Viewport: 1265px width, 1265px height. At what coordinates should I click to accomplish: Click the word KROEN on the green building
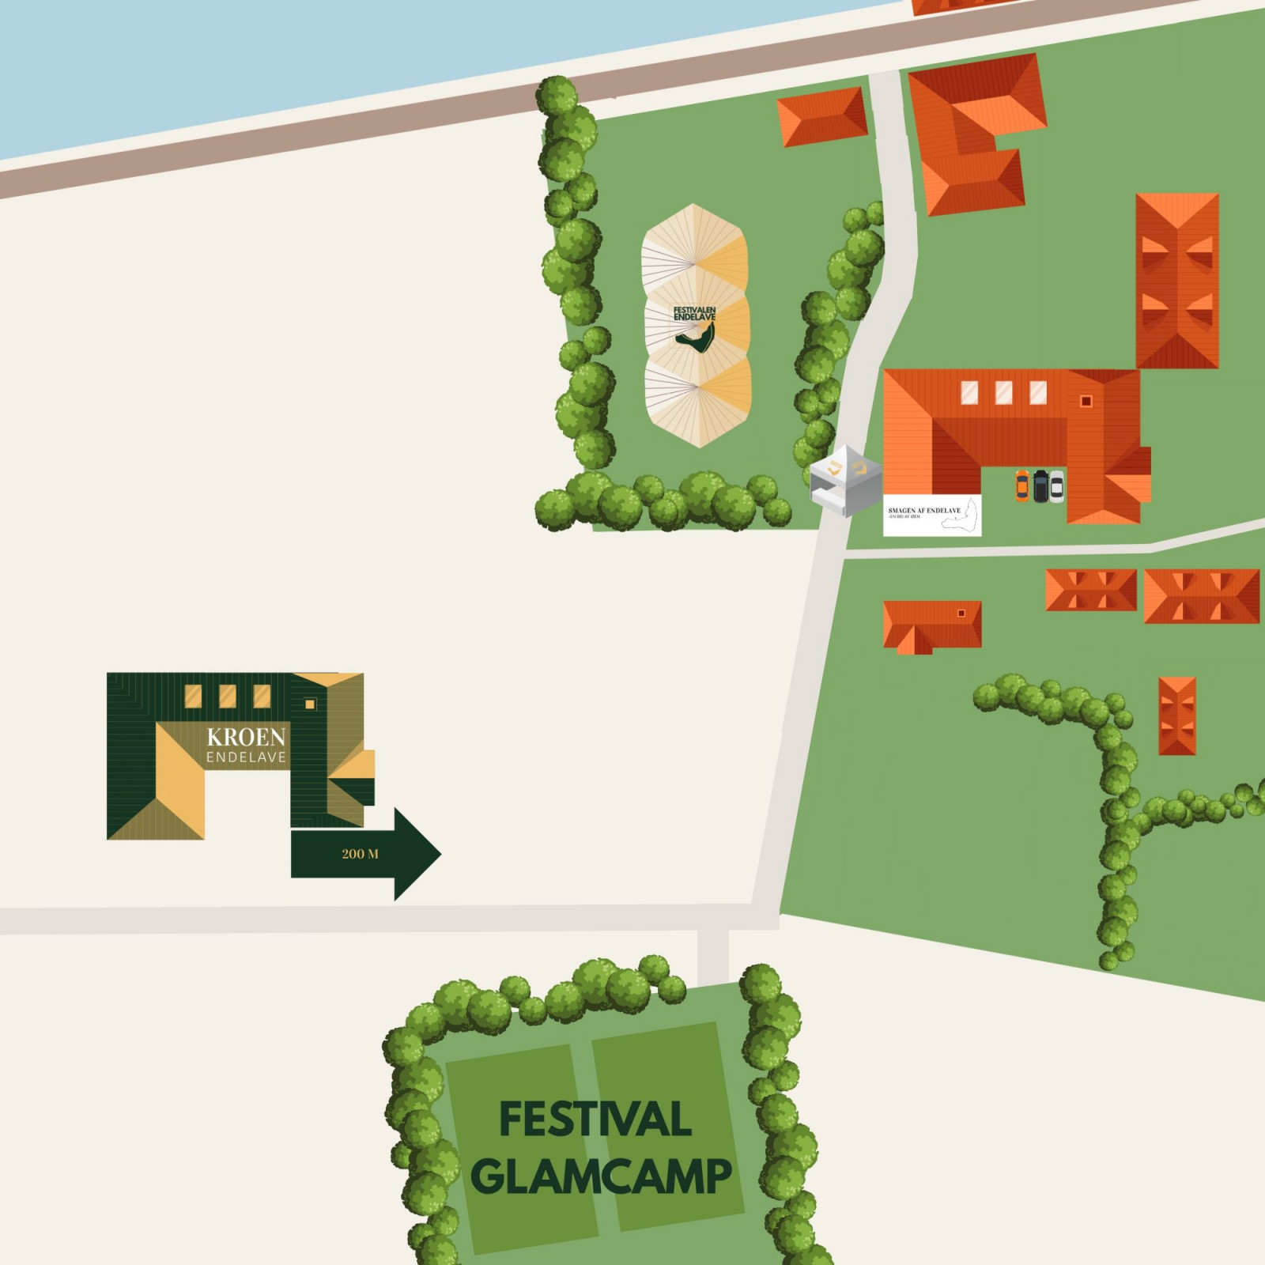point(246,737)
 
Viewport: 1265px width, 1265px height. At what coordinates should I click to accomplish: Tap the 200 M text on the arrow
point(360,854)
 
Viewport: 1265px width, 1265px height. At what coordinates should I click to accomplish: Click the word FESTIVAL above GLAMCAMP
point(595,1119)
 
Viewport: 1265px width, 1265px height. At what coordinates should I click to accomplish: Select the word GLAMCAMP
point(601,1176)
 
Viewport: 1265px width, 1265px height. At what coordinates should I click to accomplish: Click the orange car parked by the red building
point(1022,486)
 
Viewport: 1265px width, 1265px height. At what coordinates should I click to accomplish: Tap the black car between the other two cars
point(1040,486)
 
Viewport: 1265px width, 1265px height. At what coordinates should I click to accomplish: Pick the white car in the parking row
point(1056,486)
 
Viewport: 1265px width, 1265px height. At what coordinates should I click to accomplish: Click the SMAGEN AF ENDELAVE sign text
point(924,511)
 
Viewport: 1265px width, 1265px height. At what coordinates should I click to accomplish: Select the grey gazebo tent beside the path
point(845,480)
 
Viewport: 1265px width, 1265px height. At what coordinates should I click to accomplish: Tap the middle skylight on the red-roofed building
point(1003,392)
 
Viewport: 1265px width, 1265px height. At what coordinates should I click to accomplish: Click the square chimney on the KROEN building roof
point(310,704)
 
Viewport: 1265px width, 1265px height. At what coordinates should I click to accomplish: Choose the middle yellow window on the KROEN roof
point(227,697)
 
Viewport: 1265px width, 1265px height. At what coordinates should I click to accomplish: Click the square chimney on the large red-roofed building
point(1086,401)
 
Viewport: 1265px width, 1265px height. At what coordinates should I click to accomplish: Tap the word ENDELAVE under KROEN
point(246,757)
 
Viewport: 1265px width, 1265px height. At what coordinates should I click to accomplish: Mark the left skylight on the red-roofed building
point(969,392)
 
